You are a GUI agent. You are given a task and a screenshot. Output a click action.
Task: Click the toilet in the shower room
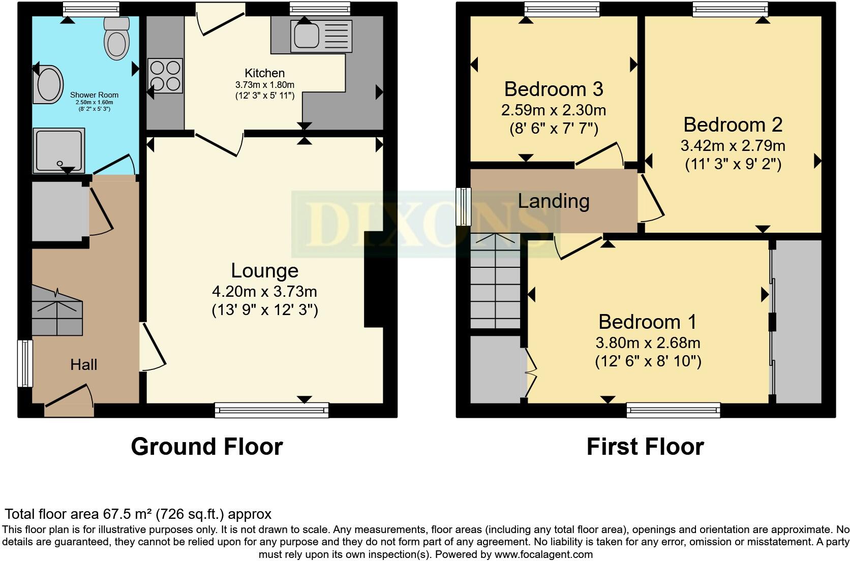tap(116, 38)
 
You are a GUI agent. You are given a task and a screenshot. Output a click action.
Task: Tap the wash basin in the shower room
tap(49, 85)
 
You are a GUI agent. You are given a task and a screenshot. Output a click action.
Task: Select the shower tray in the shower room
tap(58, 150)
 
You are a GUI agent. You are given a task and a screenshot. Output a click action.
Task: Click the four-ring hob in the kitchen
tap(165, 76)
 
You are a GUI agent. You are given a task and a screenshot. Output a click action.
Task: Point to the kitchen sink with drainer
tap(321, 36)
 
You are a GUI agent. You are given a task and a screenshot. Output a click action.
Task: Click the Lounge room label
tap(264, 271)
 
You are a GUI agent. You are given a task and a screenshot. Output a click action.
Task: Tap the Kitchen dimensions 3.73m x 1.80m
tap(264, 85)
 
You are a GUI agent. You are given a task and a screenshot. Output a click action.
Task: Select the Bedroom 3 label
tap(554, 89)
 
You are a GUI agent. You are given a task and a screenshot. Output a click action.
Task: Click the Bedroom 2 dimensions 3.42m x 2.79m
tap(733, 146)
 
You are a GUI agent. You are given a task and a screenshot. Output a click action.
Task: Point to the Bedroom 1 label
tap(648, 322)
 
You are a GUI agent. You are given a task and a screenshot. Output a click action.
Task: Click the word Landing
tap(554, 201)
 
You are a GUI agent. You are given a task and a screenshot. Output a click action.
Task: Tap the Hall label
tap(83, 364)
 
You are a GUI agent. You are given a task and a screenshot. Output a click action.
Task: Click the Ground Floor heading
tap(206, 447)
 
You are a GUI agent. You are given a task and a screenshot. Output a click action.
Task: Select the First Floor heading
tap(645, 447)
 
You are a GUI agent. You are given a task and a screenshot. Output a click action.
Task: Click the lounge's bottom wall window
tap(271, 410)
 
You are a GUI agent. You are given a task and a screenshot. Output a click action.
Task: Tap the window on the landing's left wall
tap(463, 206)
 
